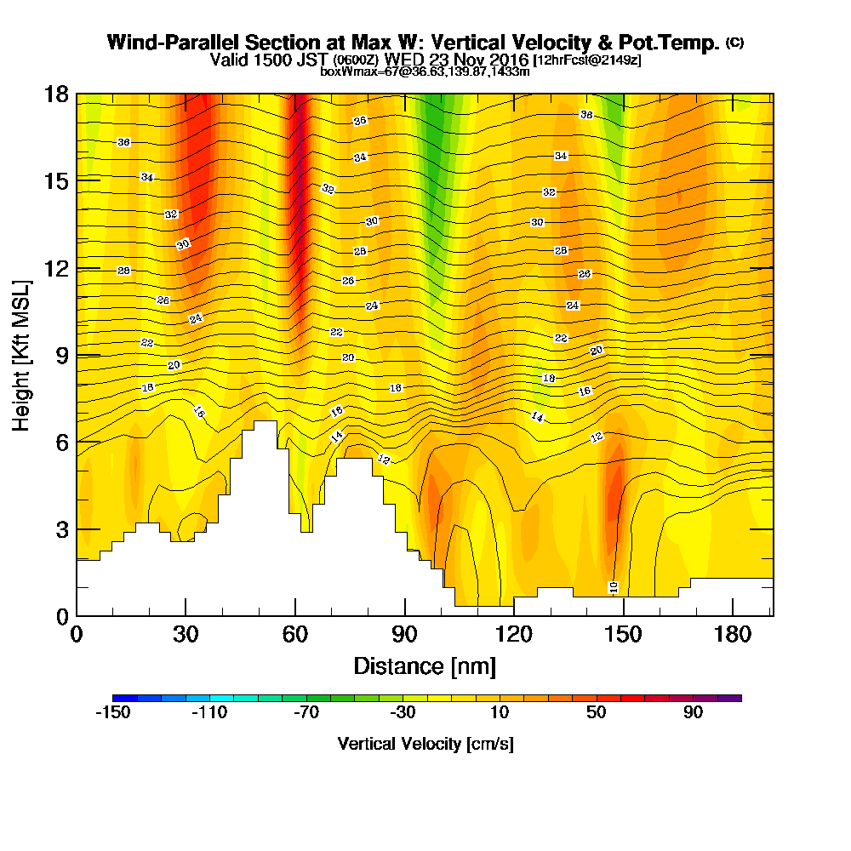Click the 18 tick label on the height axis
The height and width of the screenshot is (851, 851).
pyautogui.click(x=58, y=94)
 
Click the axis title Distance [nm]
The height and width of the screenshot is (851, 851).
pyautogui.click(x=425, y=665)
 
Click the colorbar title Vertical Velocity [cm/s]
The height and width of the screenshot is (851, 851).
pyautogui.click(x=425, y=744)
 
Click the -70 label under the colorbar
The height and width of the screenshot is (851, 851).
pyautogui.click(x=306, y=712)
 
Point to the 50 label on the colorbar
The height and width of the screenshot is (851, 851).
pyautogui.click(x=597, y=712)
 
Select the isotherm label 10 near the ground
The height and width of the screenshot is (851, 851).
pyautogui.click(x=613, y=587)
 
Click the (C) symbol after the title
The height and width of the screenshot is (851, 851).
pyautogui.click(x=734, y=43)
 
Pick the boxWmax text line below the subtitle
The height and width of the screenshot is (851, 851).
pyautogui.click(x=425, y=71)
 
